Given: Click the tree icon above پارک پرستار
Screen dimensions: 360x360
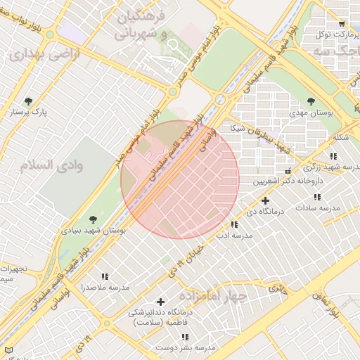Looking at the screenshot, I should pyautogui.click(x=28, y=101).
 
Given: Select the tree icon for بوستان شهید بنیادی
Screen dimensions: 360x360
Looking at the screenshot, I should pyautogui.click(x=94, y=219).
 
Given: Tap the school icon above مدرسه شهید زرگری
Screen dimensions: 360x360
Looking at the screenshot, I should pyautogui.click(x=333, y=156).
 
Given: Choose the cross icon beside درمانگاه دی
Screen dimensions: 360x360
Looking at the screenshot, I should pyautogui.click(x=265, y=201).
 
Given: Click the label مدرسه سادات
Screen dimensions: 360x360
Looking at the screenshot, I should pyautogui.click(x=318, y=209).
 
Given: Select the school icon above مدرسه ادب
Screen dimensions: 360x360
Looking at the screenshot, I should pyautogui.click(x=234, y=225).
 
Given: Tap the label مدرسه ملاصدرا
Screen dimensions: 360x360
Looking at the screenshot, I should pyautogui.click(x=105, y=288).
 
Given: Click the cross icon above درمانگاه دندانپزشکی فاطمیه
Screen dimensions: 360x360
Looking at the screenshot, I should pyautogui.click(x=160, y=302).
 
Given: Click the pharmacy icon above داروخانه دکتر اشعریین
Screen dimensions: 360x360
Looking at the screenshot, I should pyautogui.click(x=288, y=171).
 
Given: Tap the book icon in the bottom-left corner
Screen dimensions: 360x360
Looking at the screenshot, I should pyautogui.click(x=8, y=349).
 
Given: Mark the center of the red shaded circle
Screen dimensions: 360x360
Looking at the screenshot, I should pyautogui.click(x=180, y=180).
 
